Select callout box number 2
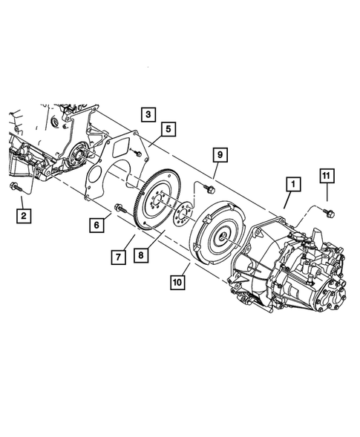tap(25, 216)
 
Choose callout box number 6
tap(96, 224)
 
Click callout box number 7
tap(118, 257)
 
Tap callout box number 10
tap(177, 282)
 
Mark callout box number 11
tap(327, 175)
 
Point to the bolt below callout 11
tap(330, 213)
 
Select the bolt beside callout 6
tap(119, 208)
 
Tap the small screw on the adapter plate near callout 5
tap(138, 153)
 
